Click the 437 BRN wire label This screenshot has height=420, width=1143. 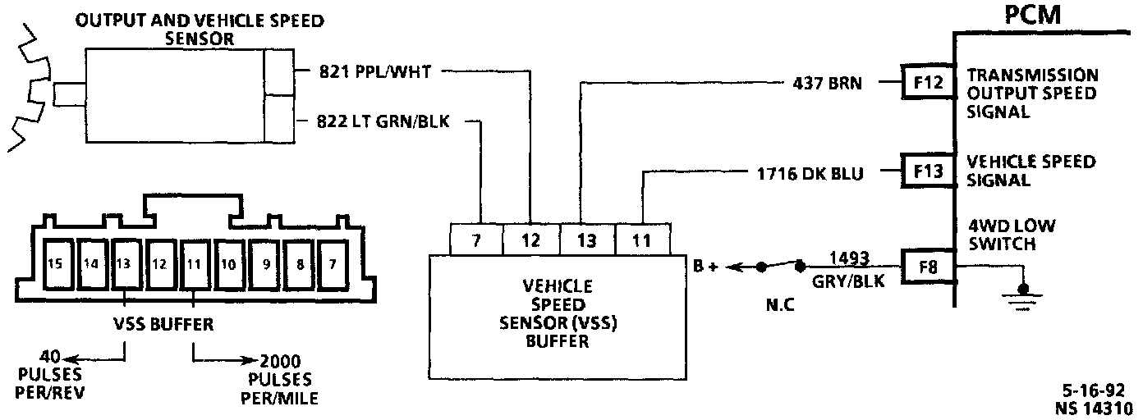click(827, 82)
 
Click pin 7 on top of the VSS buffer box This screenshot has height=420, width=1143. click(477, 240)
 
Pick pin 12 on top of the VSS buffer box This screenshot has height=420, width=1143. click(530, 240)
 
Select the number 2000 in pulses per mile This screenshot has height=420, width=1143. click(280, 361)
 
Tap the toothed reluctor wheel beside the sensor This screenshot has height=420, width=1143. click(29, 90)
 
